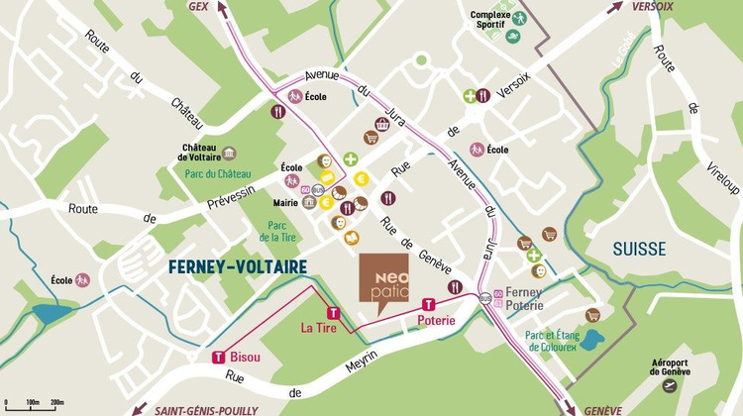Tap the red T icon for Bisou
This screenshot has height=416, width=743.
[218, 358]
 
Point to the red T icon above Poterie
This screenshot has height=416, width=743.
[429, 305]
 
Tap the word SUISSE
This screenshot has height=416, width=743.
[638, 249]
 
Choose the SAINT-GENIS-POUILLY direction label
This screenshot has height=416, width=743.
[205, 409]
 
